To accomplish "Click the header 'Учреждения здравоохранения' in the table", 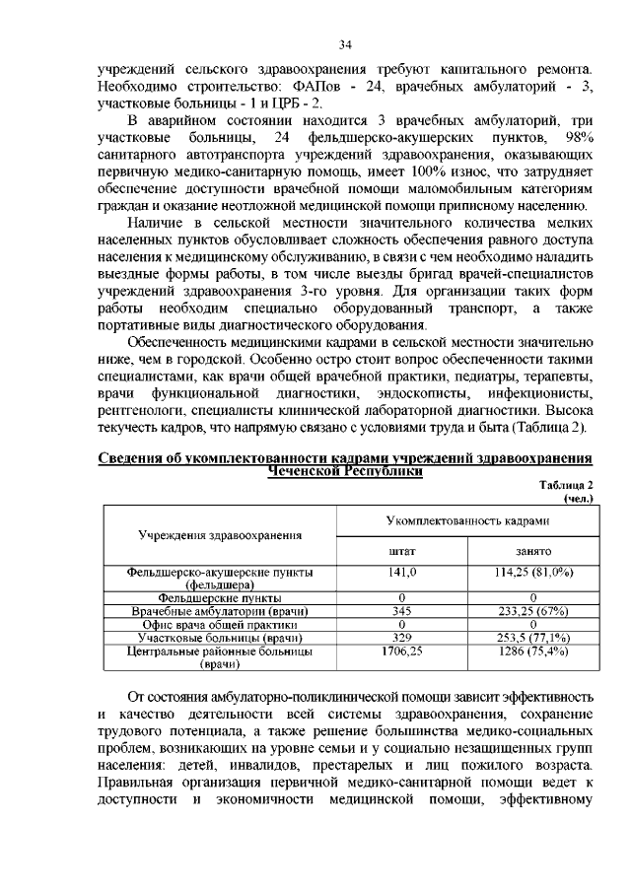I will tap(219, 534).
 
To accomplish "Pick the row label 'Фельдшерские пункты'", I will tap(220, 598).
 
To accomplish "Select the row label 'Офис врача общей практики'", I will tap(220, 625).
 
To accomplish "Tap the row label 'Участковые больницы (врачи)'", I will tap(220, 638).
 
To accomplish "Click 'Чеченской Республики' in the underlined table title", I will tap(345, 471).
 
